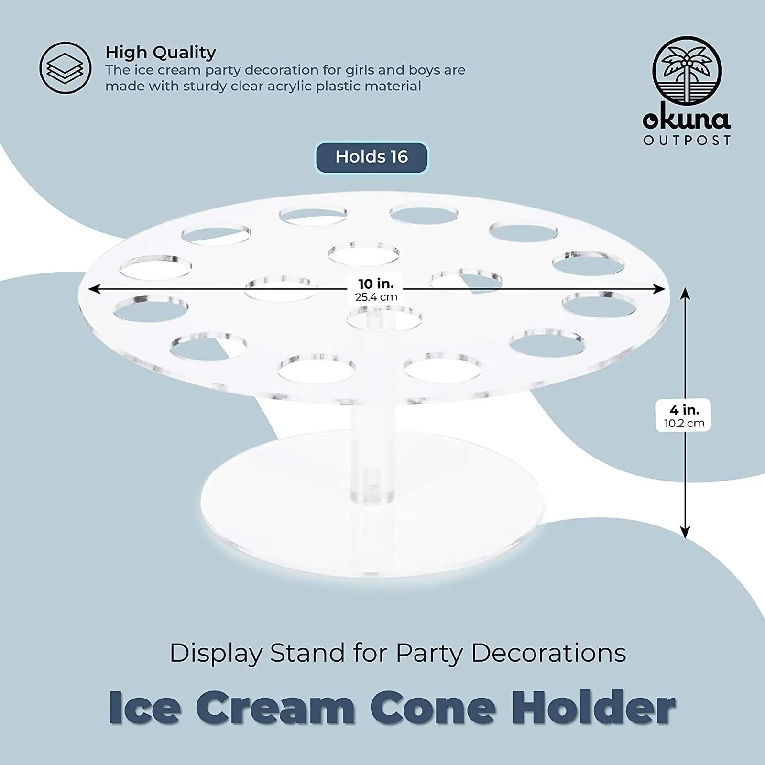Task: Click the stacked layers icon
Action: (66, 68)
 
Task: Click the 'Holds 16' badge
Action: (372, 157)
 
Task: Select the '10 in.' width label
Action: (376, 284)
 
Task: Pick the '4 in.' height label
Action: (684, 410)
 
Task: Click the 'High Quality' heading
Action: (161, 52)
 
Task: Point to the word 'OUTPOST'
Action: (687, 141)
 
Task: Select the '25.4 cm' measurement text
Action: (376, 297)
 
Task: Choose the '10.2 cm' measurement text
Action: (684, 423)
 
